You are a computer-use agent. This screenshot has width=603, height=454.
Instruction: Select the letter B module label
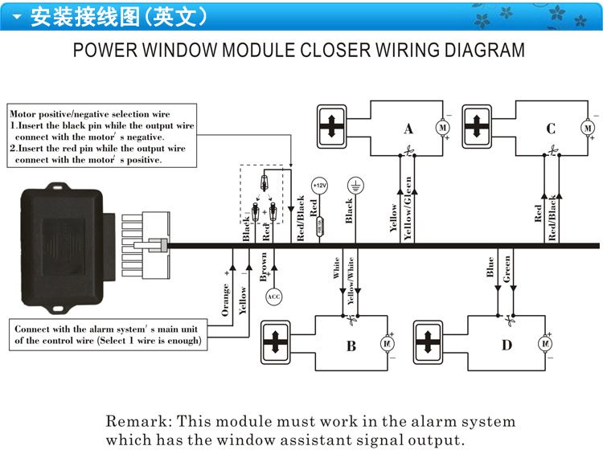[x=351, y=346]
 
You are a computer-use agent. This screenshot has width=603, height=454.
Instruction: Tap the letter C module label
[x=551, y=129]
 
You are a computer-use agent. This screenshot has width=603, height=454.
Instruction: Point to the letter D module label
[x=506, y=346]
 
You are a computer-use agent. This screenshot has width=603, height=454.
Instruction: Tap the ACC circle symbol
[x=274, y=297]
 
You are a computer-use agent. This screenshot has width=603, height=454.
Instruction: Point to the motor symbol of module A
[x=441, y=127]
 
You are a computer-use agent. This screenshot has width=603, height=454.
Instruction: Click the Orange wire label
[x=226, y=299]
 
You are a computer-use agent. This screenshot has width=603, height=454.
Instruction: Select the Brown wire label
[x=264, y=267]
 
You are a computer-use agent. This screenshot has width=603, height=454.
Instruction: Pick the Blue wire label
[x=490, y=267]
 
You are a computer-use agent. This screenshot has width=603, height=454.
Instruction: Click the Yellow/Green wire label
[x=408, y=208]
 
